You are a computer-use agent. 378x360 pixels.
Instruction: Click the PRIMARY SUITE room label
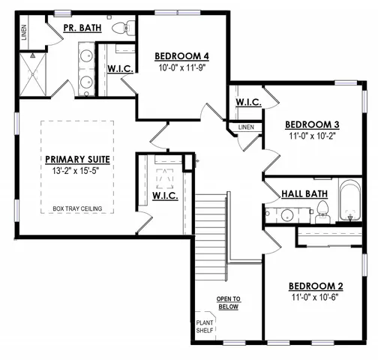[78, 159]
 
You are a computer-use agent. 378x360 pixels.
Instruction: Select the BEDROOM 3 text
[313, 124]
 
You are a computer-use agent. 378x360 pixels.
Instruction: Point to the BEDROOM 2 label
[316, 286]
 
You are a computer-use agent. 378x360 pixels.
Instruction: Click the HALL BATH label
[304, 193]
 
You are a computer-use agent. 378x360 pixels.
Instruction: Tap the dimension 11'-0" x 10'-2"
[313, 137]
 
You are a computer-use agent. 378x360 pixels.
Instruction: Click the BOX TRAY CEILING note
[78, 208]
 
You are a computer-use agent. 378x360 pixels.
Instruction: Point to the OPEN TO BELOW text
[228, 302]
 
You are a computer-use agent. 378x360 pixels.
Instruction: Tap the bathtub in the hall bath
[350, 201]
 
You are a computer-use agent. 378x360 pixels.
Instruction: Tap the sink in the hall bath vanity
[286, 215]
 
